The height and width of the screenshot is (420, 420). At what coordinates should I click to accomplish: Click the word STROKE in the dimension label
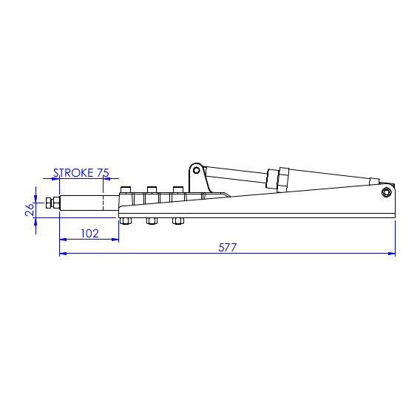coord(74,173)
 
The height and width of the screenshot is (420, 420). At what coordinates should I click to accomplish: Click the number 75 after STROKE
coord(103,173)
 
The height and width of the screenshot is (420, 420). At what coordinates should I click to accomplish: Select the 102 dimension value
coord(89,233)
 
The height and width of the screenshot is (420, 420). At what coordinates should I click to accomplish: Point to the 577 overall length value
coord(227,248)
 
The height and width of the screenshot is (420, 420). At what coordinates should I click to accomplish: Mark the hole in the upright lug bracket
coord(196,169)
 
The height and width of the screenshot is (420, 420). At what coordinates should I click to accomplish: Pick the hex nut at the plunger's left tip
coord(49,203)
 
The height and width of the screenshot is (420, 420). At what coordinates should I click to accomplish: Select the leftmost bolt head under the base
coord(125,220)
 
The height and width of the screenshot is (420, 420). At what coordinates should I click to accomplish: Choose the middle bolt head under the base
coord(152,220)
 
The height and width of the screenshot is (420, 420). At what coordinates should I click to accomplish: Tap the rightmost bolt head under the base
coord(177,220)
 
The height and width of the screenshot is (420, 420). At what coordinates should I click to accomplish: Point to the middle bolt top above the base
coord(152,189)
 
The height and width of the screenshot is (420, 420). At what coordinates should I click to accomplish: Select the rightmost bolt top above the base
coord(177,189)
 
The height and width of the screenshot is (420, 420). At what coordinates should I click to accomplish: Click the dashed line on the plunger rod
coord(103,204)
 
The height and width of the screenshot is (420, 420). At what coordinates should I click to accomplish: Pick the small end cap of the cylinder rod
coord(374,179)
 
